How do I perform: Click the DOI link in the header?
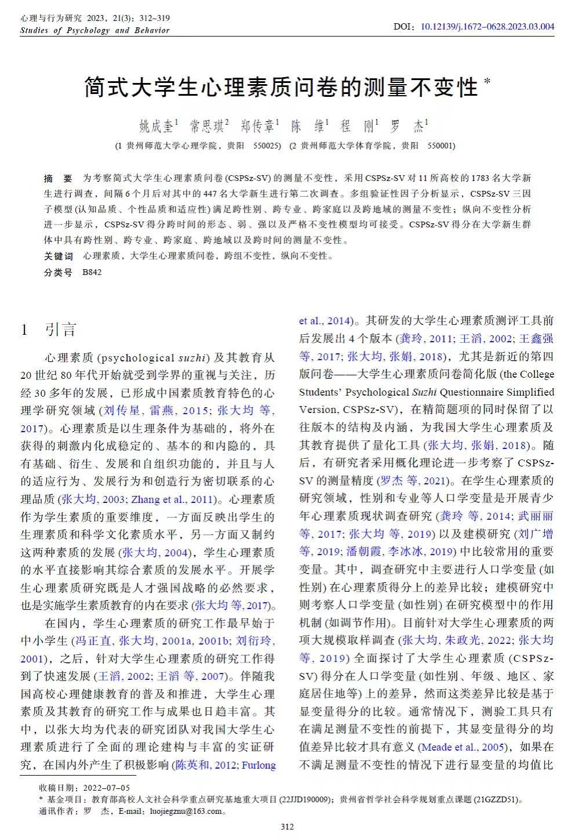pyautogui.click(x=487, y=26)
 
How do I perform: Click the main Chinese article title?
pyautogui.click(x=281, y=87)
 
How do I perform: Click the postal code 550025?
pyautogui.click(x=267, y=146)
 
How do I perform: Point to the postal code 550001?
pyautogui.click(x=441, y=146)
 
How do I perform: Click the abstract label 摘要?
pyautogui.click(x=58, y=178)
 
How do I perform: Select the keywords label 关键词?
pyautogui.click(x=59, y=256)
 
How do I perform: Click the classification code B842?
pyautogui.click(x=92, y=271)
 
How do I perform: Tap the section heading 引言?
pyautogui.click(x=61, y=330)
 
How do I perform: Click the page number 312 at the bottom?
pyautogui.click(x=287, y=827)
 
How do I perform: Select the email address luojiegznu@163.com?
pyautogui.click(x=185, y=811)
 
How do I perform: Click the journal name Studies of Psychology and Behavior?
pyautogui.click(x=94, y=30)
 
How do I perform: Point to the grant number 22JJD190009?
pyautogui.click(x=305, y=799)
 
